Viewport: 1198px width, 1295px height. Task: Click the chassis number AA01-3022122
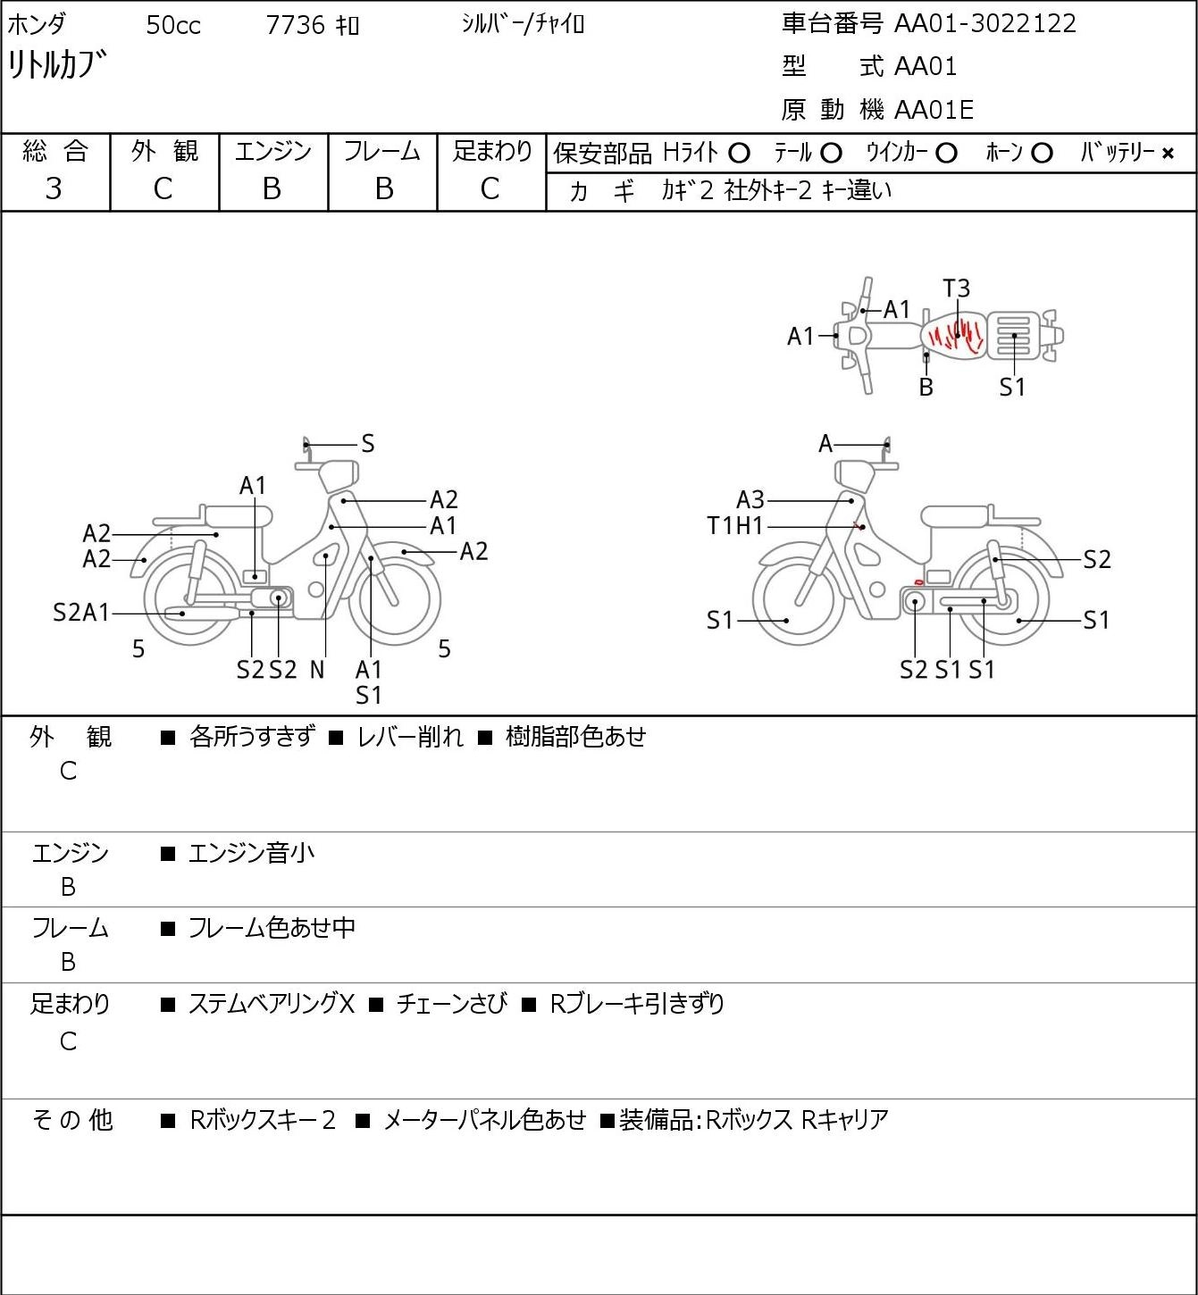coord(984,24)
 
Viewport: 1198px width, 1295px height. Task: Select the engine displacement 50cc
coord(173,25)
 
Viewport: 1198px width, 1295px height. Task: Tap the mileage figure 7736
coord(295,25)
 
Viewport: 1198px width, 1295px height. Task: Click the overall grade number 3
coord(54,189)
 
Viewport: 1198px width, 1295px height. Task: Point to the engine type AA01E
coord(934,110)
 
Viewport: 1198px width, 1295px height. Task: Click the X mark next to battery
coord(1168,154)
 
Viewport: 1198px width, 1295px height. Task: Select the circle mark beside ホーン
coord(1042,154)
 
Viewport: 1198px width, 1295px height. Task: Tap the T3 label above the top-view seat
coord(957,288)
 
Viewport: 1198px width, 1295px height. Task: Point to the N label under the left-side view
coord(317,670)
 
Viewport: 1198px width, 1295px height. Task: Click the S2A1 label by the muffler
coord(81,613)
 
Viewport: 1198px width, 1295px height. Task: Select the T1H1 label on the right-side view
coord(735,525)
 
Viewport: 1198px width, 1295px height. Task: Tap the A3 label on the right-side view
coord(750,500)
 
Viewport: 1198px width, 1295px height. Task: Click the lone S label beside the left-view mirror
coord(368,444)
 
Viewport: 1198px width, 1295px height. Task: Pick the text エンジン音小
coord(251,854)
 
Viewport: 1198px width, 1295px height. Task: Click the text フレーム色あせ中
coord(272,928)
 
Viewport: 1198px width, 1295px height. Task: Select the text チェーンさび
coord(451,1004)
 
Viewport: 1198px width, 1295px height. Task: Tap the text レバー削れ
coord(410,737)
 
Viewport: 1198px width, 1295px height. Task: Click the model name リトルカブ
coord(56,65)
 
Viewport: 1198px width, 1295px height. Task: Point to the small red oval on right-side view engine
coord(918,581)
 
